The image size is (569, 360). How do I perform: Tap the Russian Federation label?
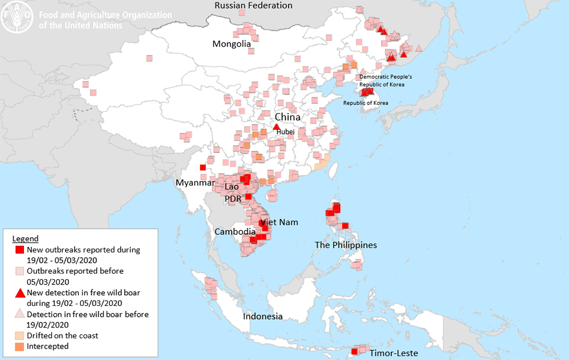point(253,6)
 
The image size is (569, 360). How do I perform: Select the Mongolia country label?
point(232,44)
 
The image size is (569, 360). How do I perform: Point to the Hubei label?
point(286,131)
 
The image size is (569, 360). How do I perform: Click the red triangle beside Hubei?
point(277,127)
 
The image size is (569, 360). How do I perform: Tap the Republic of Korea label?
point(365,103)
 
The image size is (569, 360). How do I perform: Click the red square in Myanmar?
point(203,167)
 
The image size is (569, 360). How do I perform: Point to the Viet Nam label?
point(279,222)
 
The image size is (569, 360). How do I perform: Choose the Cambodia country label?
point(235,231)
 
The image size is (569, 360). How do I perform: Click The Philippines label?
point(346,245)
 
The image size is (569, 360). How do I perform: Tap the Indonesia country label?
point(262,316)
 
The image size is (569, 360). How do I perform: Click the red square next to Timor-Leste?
point(354,351)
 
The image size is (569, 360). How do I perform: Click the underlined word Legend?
point(26,238)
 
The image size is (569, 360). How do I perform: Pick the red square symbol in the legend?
point(19,250)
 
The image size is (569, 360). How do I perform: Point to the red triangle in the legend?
point(19,293)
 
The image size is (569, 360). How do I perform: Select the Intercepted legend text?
point(48,346)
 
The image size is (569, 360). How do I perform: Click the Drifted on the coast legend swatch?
point(19,336)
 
